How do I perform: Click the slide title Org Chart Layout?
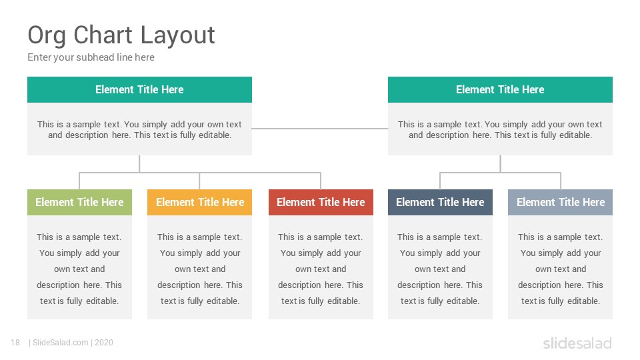click(121, 35)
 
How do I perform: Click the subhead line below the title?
click(91, 57)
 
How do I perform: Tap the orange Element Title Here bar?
click(199, 202)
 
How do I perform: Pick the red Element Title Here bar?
click(321, 202)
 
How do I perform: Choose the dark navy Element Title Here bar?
click(440, 202)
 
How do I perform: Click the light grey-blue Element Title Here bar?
click(561, 202)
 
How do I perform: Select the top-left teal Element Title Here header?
click(139, 89)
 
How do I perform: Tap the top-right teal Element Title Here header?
click(501, 89)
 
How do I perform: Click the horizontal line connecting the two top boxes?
click(320, 129)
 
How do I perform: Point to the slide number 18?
click(15, 343)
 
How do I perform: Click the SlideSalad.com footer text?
click(61, 343)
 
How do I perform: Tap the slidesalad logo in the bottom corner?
click(577, 343)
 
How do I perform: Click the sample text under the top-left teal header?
click(139, 129)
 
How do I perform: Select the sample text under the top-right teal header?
click(501, 129)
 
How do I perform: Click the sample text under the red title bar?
click(321, 269)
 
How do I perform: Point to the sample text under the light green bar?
click(79, 269)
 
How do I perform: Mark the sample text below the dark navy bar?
click(440, 269)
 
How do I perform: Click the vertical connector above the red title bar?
click(321, 181)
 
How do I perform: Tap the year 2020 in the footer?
click(104, 343)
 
